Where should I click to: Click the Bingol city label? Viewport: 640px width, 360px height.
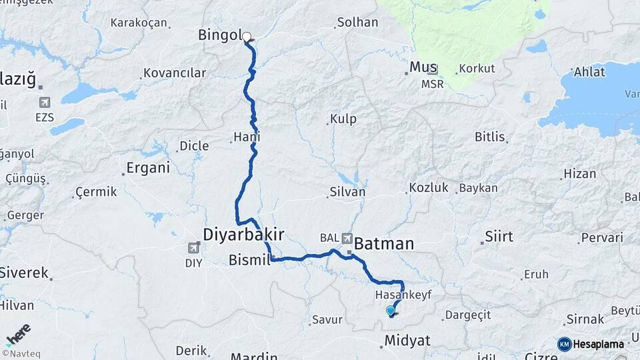(x=219, y=35)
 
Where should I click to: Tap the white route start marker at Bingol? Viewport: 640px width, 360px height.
(x=247, y=37)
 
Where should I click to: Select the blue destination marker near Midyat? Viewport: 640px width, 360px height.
(x=391, y=310)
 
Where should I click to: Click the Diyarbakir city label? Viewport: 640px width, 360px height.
(x=244, y=235)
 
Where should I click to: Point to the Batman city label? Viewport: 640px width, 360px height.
(x=384, y=244)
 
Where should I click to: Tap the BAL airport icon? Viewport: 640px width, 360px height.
(x=347, y=238)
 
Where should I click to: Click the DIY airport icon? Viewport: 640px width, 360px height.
(x=194, y=248)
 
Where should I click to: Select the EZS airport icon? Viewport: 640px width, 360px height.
(x=45, y=103)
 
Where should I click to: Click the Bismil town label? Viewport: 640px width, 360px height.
(x=248, y=259)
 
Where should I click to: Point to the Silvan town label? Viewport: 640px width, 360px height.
(x=347, y=192)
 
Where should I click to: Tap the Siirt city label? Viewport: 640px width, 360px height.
(x=499, y=237)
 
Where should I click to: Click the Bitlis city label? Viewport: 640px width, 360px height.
(x=490, y=137)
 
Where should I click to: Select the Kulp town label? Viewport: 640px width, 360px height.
(x=343, y=119)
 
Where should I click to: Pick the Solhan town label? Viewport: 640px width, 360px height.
(x=357, y=23)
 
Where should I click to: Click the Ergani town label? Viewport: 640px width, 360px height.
(x=147, y=168)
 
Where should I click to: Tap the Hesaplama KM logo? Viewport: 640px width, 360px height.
(x=591, y=344)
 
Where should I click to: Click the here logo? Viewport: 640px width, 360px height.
(x=18, y=335)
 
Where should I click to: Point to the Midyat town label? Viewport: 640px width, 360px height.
(x=407, y=341)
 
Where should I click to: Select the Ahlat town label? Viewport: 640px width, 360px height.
(x=589, y=72)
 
